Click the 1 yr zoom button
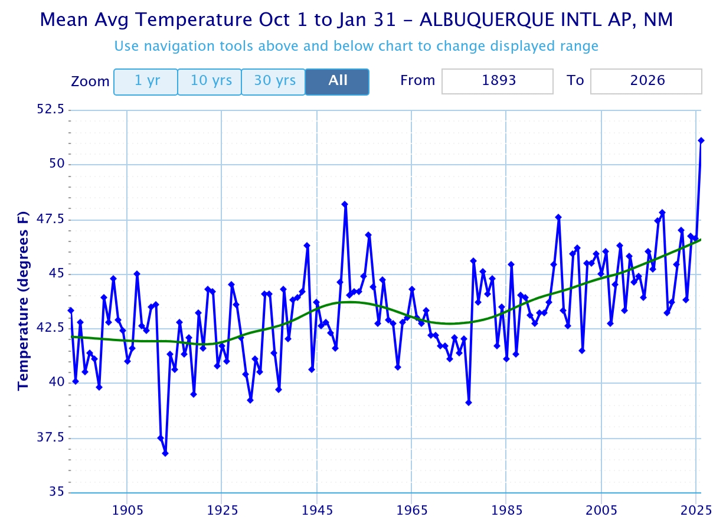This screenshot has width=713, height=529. point(146,81)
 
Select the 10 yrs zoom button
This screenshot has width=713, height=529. point(210,81)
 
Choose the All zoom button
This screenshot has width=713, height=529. point(337,81)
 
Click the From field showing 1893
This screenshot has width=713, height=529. point(498,81)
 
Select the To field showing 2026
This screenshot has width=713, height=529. point(646,81)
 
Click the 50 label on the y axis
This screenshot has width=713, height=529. point(57,165)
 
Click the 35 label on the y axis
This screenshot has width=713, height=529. point(57,492)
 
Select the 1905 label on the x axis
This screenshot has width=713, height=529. point(127,509)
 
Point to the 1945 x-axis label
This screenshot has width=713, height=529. point(317,509)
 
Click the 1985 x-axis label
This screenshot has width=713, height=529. point(506,509)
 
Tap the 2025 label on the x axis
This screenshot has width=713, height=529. point(696,509)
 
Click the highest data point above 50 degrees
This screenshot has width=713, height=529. point(701,141)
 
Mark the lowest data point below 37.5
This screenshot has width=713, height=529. point(165,453)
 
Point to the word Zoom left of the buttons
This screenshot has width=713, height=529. point(90,81)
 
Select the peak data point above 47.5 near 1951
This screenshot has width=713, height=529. point(345,204)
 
